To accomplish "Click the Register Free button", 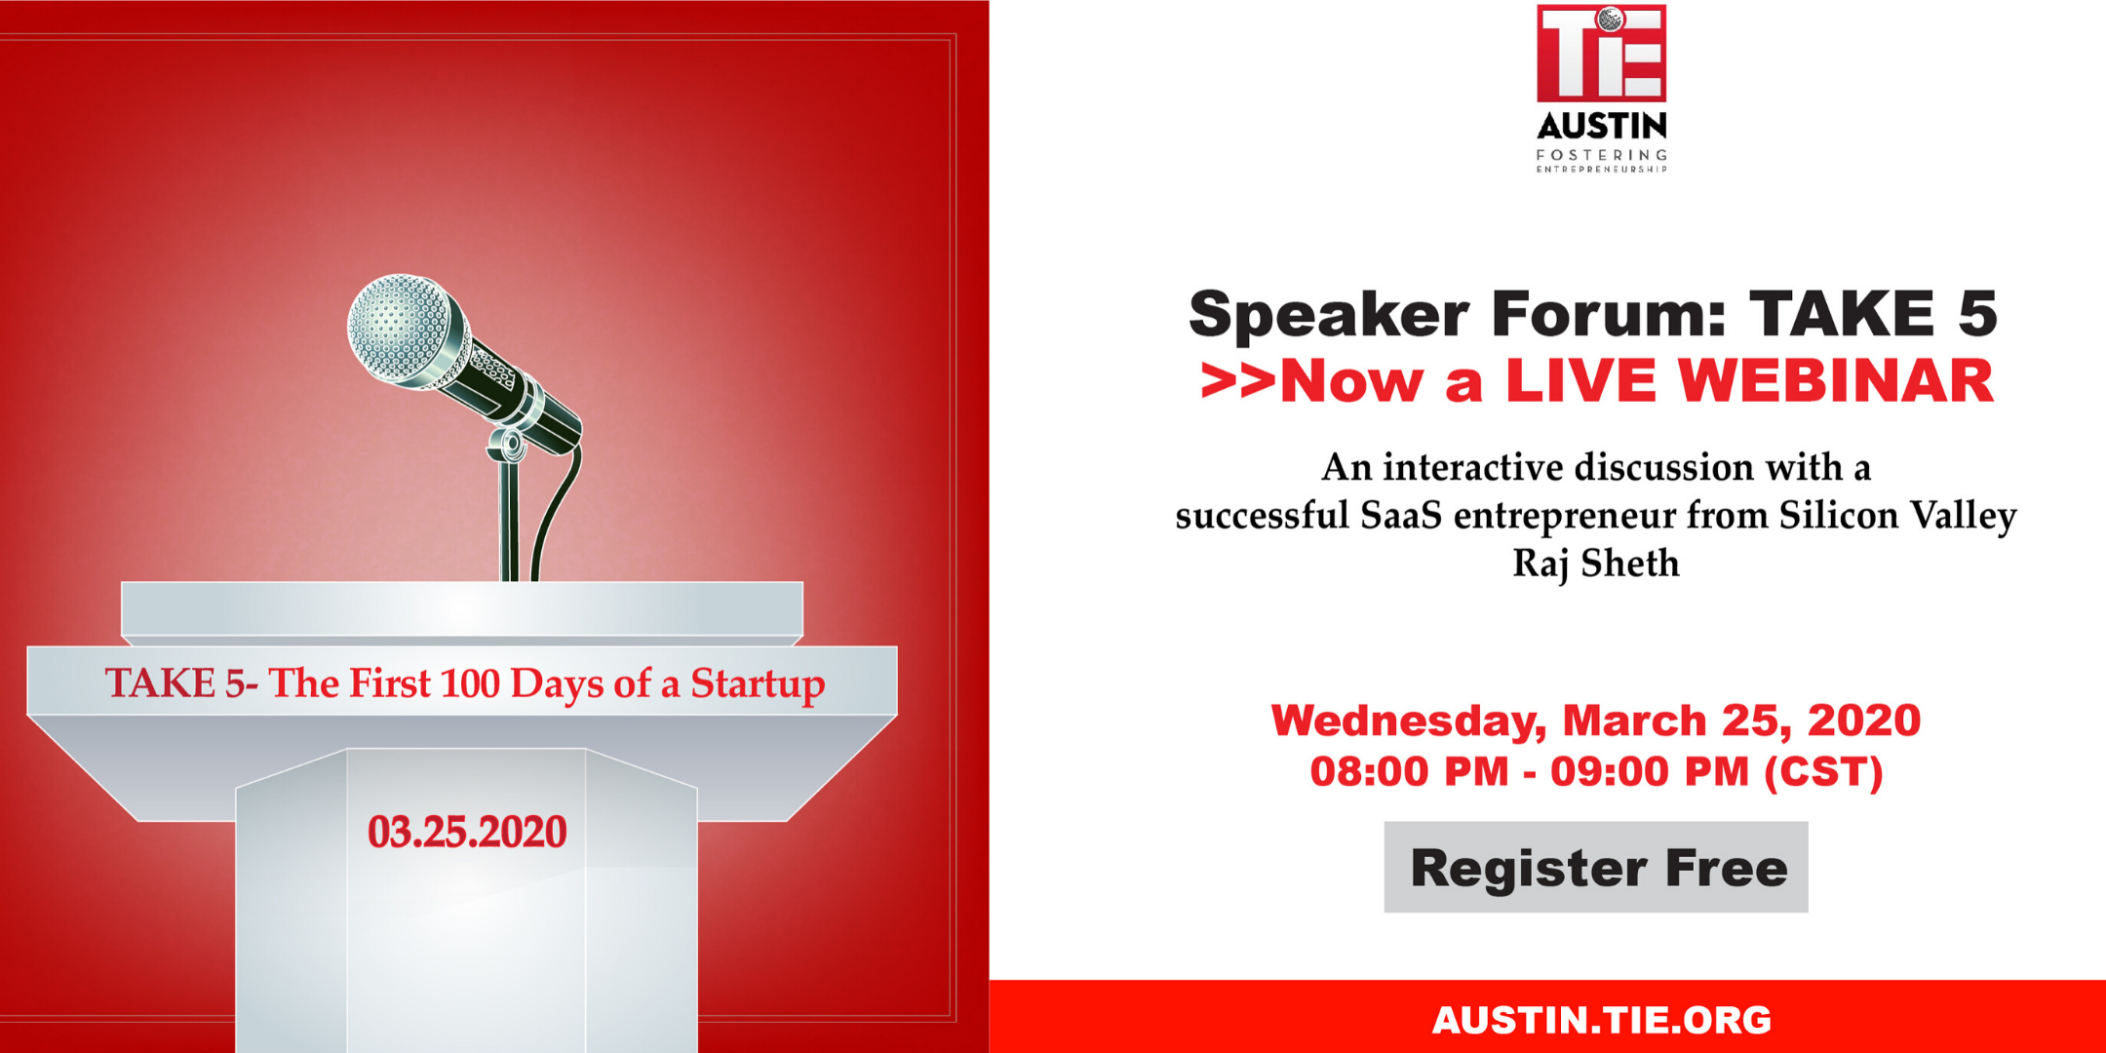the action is pos(1596,867).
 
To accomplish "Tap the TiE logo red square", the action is pos(1601,54).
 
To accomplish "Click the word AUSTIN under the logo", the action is pos(1602,126).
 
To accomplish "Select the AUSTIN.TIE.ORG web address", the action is pos(1601,1020).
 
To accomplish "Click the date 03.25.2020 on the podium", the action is pos(467,832).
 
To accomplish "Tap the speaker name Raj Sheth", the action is pos(1596,564).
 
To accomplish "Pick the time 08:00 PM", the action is pos(1409,771).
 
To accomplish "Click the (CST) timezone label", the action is pos(1823,772).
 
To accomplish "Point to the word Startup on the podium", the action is pos(758,684).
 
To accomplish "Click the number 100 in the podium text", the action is pos(469,683).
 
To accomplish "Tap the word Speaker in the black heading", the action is pos(1329,315).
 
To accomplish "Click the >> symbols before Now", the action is pos(1238,381).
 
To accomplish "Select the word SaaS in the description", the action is pos(1400,515).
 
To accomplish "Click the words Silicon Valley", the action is pos(1897,516).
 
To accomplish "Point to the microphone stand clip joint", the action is pos(509,445).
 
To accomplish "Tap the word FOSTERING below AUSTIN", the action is pos(1602,155).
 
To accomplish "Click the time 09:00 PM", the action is pos(1650,771).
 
